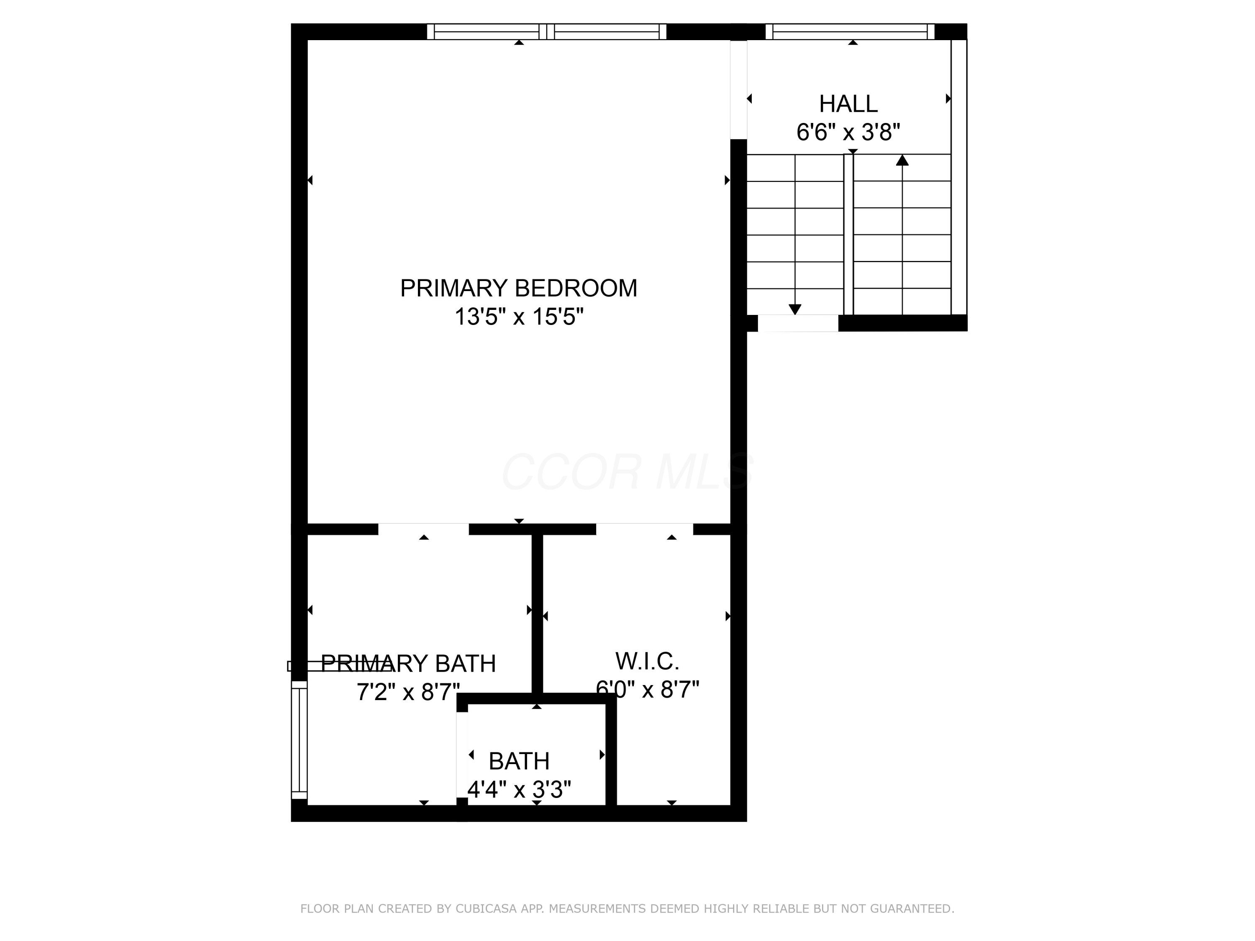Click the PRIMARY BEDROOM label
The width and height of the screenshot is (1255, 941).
tap(519, 288)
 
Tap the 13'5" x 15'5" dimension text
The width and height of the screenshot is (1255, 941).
tap(519, 317)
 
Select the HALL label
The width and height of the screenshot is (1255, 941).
tap(848, 104)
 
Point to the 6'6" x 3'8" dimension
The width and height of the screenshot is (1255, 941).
tap(848, 132)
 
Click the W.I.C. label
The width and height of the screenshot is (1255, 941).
tap(647, 661)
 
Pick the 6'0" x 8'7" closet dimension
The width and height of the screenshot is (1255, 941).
tap(647, 689)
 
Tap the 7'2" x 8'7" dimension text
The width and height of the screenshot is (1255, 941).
tap(408, 692)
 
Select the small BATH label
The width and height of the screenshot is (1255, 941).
tap(519, 761)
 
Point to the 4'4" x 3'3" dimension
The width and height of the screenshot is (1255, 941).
tap(519, 789)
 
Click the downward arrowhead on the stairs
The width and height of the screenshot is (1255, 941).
tap(795, 309)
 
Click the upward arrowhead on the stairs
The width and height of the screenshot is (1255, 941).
tap(902, 161)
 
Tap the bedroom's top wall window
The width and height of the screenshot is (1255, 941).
tap(546, 32)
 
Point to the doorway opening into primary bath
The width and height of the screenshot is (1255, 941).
tap(423, 529)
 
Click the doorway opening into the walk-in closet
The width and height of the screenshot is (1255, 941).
tap(645, 529)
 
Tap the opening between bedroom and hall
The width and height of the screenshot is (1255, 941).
tap(738, 89)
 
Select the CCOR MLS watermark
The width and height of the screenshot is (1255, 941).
tap(627, 472)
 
